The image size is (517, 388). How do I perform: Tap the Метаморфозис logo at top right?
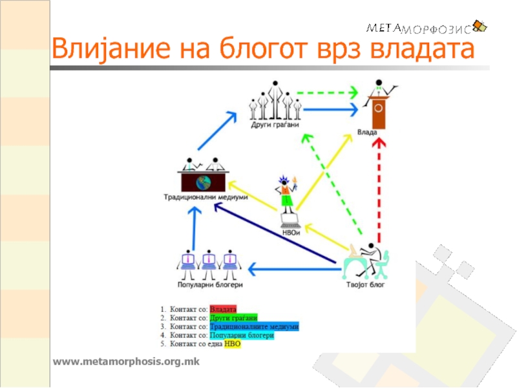click(427, 27)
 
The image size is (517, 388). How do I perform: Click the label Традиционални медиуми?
click(206, 197)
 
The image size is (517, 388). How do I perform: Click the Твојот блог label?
click(366, 283)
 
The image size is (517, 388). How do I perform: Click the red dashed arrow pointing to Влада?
click(380, 188)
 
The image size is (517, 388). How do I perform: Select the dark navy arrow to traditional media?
click(278, 235)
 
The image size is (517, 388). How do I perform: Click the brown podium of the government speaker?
click(380, 113)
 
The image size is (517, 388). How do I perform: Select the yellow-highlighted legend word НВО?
click(233, 345)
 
